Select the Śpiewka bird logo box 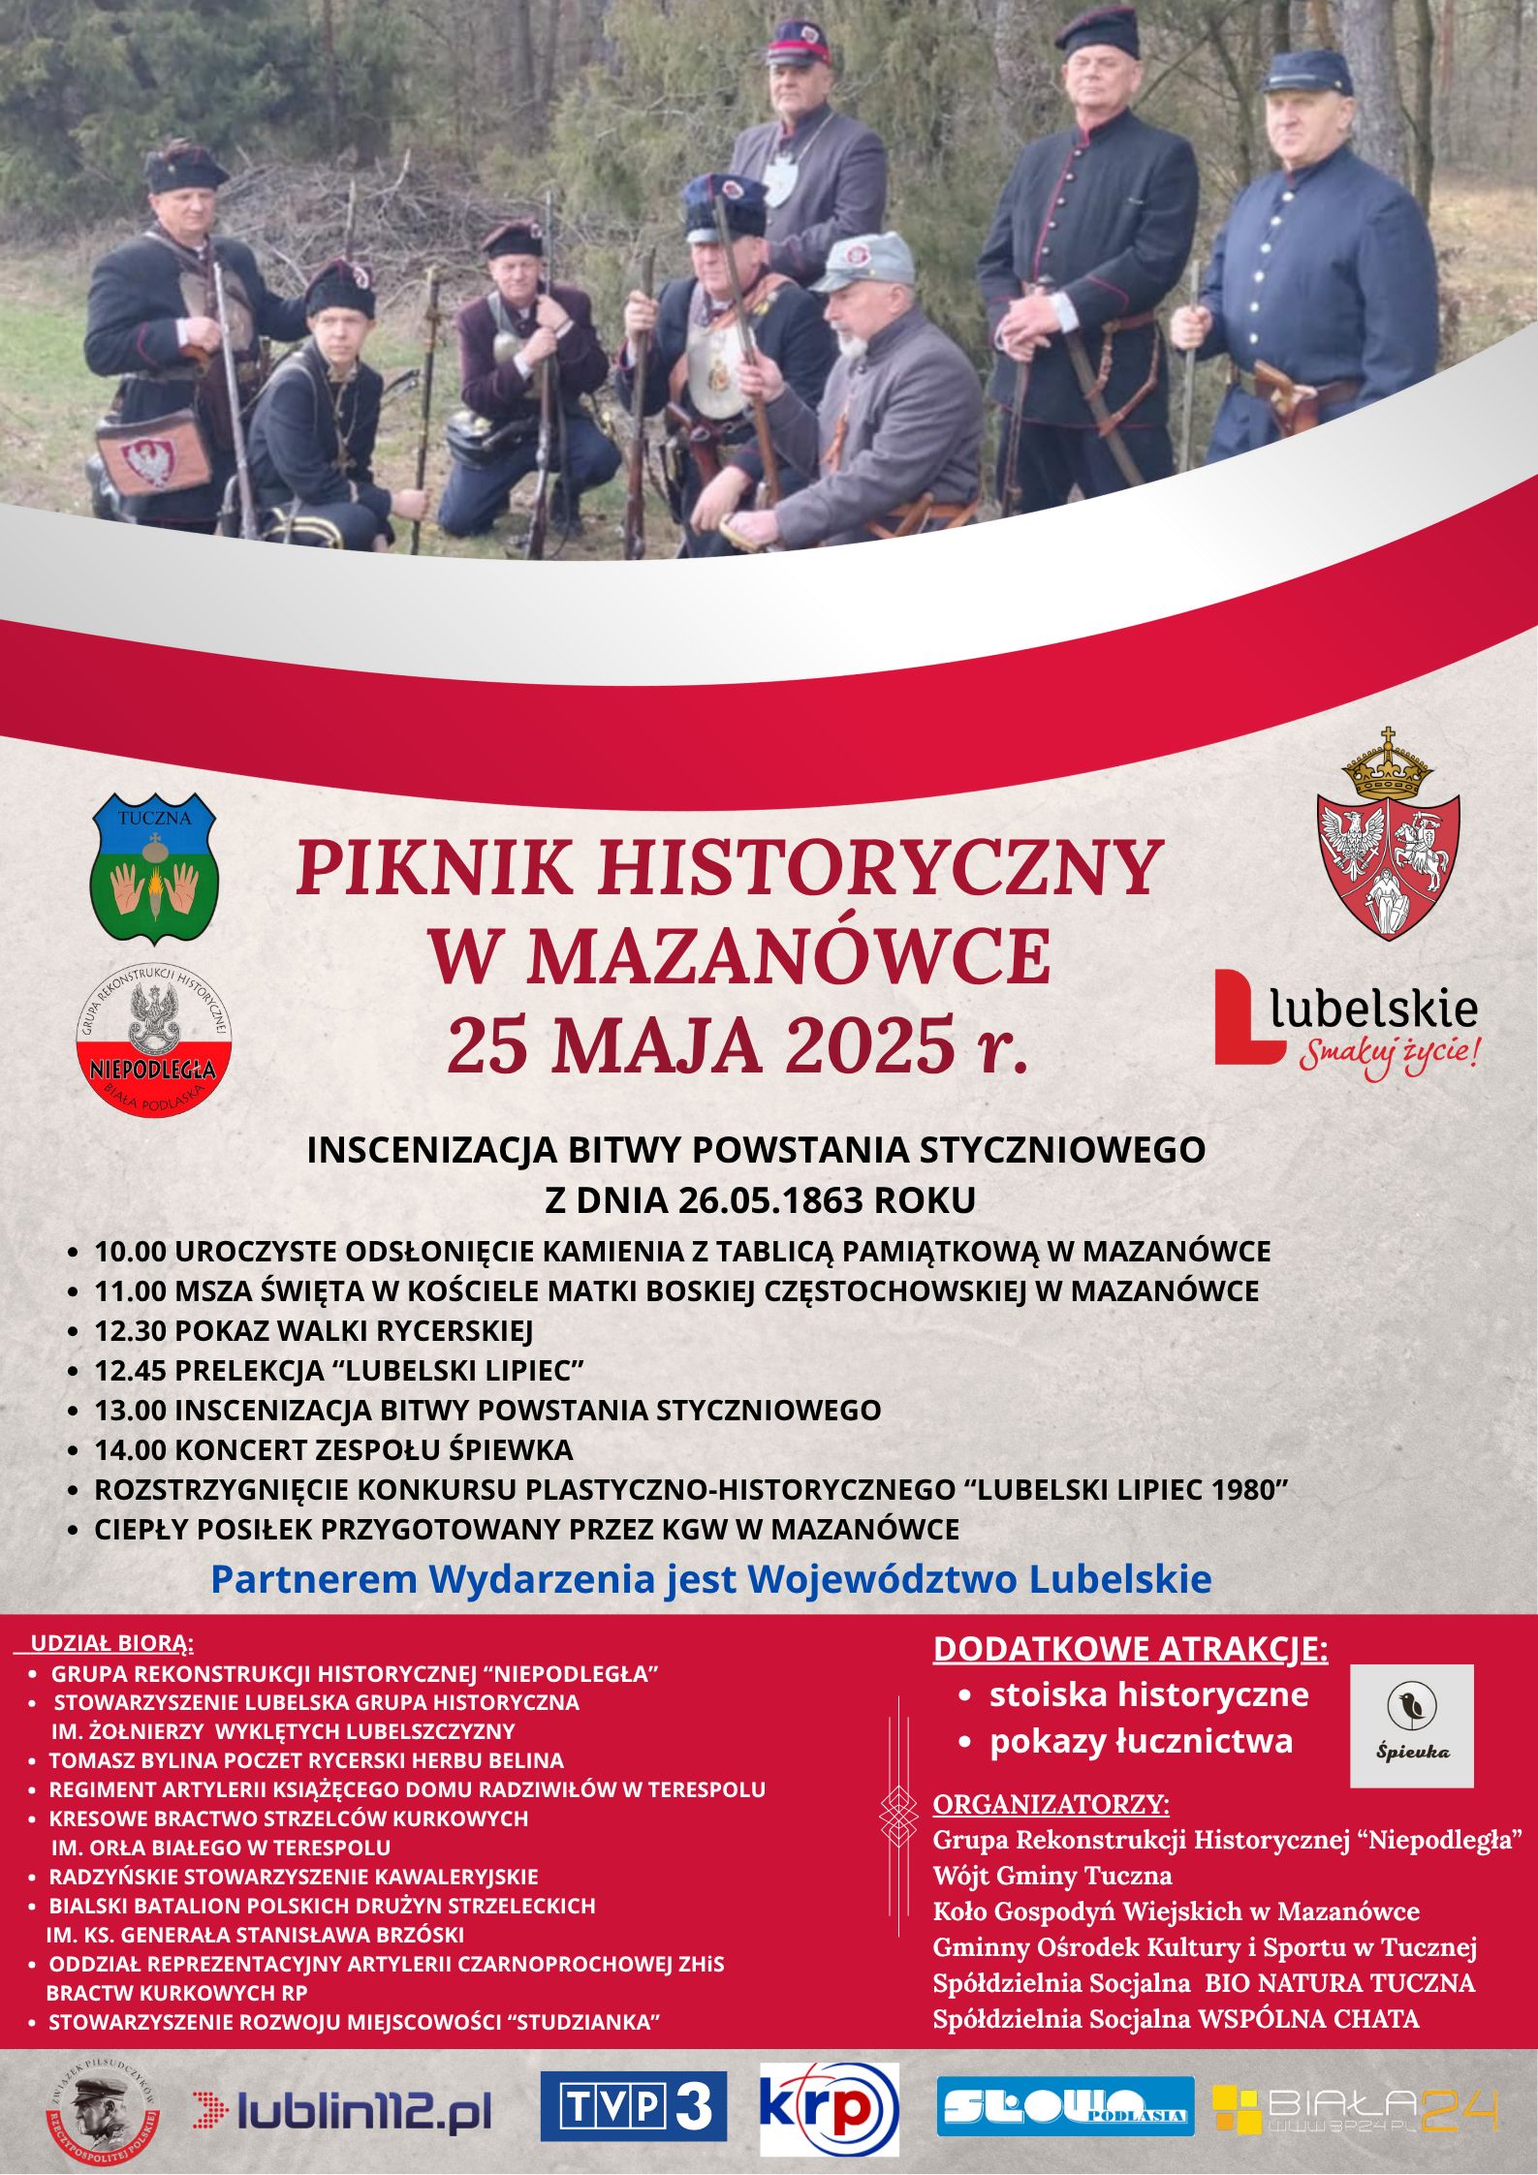pyautogui.click(x=1411, y=1725)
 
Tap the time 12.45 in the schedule pyautogui.click(x=130, y=1371)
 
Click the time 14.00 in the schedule pyautogui.click(x=130, y=1450)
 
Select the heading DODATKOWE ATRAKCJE pyautogui.click(x=1130, y=1648)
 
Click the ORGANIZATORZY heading pyautogui.click(x=1051, y=1805)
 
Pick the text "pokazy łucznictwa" pyautogui.click(x=1141, y=1741)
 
